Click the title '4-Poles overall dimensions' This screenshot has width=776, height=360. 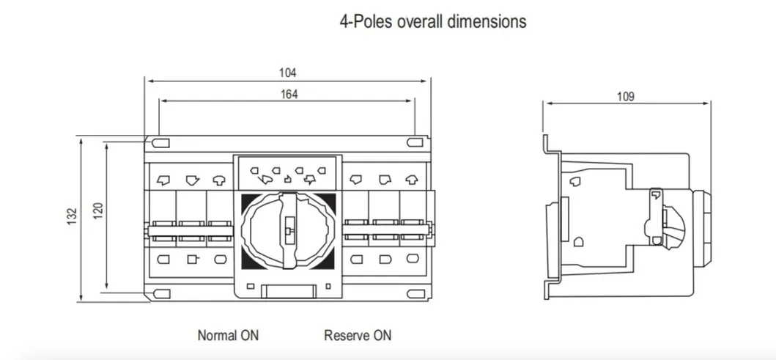point(432,21)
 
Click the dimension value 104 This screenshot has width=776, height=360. point(287,73)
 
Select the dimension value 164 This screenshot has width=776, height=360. point(287,94)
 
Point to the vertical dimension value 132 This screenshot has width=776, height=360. point(72,217)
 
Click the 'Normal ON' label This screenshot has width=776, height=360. point(228,336)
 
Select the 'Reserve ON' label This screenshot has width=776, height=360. point(358,336)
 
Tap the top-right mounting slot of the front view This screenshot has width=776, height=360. point(415,142)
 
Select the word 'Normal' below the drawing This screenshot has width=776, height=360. point(218,336)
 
